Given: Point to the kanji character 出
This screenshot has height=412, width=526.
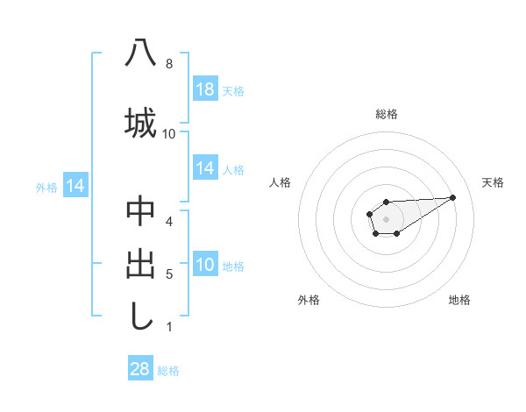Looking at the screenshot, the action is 140,265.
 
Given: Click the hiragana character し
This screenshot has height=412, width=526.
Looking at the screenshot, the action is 140,316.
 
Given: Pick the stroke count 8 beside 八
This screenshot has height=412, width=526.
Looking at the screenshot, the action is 169,64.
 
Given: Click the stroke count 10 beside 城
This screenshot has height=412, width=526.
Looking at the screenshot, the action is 169,133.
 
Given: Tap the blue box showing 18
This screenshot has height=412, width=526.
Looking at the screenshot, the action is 205,89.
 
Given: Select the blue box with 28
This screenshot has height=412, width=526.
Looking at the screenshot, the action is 139,369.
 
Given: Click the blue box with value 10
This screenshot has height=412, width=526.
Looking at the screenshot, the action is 205,265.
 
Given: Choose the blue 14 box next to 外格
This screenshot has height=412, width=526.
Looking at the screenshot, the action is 75,186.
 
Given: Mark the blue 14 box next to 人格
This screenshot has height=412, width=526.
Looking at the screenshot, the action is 205,168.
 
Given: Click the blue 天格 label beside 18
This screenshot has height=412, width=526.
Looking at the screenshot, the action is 233,90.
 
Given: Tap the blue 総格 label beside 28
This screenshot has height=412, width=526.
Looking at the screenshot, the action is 168,370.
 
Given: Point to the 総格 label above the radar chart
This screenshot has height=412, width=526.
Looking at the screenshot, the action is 387,114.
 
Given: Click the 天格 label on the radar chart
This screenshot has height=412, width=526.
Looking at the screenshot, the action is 493,182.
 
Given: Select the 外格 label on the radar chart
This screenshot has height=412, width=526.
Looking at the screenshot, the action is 309,300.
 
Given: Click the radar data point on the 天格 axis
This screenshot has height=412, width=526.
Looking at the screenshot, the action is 453,196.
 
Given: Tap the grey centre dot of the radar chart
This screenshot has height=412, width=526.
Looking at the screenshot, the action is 386,217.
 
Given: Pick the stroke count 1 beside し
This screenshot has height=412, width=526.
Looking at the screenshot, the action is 169,327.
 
